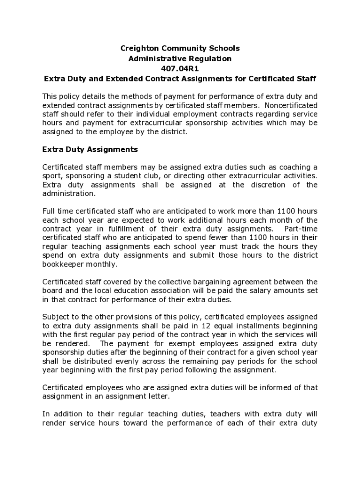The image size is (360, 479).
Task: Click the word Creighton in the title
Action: click(139, 48)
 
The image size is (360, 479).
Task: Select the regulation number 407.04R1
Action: click(180, 68)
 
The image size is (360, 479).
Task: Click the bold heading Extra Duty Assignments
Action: click(90, 149)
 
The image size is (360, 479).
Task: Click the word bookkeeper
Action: click(63, 264)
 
